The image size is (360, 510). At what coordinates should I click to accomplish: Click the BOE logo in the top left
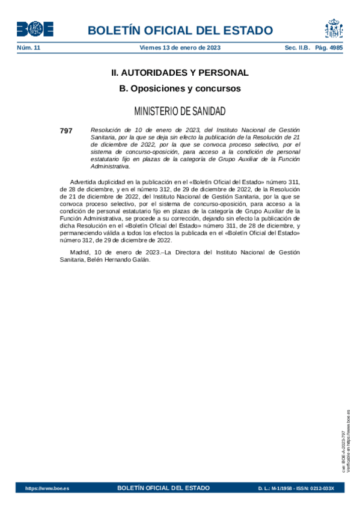click(x=35, y=29)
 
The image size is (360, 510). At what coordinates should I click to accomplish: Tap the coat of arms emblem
click(x=334, y=29)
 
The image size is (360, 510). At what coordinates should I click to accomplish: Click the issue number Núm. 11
click(x=28, y=48)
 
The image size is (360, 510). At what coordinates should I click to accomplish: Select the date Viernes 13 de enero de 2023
click(x=180, y=48)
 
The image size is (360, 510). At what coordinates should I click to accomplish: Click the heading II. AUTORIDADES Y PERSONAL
click(x=180, y=73)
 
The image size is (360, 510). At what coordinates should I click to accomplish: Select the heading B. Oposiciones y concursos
click(x=180, y=88)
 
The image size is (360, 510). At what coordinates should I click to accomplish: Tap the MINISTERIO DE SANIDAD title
click(x=180, y=111)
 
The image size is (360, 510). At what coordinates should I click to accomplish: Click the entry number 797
click(x=66, y=130)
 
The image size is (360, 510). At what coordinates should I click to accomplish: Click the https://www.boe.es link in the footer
click(x=47, y=488)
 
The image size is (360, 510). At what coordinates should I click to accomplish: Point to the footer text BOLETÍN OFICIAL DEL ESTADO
click(x=163, y=488)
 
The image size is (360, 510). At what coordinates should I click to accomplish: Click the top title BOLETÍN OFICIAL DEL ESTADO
click(x=180, y=31)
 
